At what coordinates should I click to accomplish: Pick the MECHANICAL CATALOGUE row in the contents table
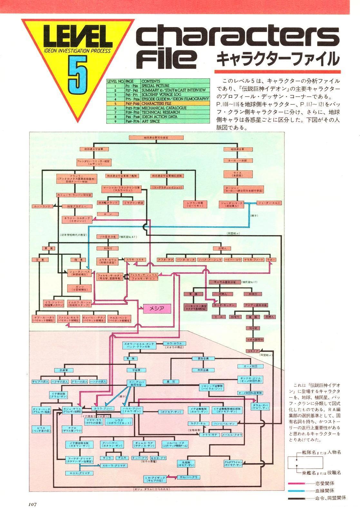(x=164, y=108)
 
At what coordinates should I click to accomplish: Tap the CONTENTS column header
(x=151, y=81)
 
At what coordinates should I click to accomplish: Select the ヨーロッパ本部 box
(x=238, y=160)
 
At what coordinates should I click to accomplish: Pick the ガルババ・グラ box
(x=190, y=477)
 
